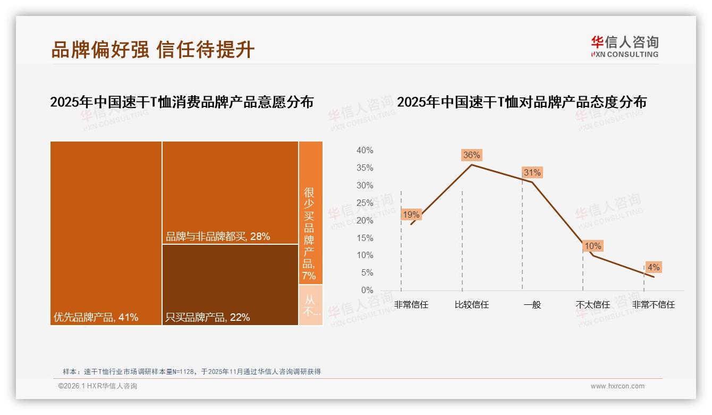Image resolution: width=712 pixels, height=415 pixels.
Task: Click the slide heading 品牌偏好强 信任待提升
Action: [x=153, y=49]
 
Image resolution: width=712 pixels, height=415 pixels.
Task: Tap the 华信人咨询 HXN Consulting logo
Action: [x=624, y=46]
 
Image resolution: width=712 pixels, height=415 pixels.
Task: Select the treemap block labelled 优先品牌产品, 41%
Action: [x=106, y=233]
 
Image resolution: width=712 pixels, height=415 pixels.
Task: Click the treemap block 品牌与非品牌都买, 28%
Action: [x=230, y=193]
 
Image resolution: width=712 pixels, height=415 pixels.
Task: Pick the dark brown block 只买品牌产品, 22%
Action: [x=230, y=285]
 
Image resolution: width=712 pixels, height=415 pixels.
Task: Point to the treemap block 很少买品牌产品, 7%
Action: [x=310, y=213]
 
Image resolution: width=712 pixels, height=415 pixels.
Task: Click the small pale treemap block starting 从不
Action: [x=310, y=305]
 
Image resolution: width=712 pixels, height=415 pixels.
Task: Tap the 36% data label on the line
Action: [x=471, y=155]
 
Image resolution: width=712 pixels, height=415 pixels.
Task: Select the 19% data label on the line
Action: [x=411, y=214]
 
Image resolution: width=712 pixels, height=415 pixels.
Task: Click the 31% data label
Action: [x=532, y=172]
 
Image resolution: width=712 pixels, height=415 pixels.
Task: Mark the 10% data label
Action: [x=592, y=246]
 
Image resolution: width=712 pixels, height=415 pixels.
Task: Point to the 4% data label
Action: [x=653, y=267]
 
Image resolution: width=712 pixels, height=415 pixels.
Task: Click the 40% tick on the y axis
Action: [x=365, y=151]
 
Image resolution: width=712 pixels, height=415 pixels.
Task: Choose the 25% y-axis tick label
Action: [x=365, y=203]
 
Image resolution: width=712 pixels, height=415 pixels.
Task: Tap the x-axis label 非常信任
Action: [x=411, y=305]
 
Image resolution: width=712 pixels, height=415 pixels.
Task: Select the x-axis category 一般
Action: [x=532, y=305]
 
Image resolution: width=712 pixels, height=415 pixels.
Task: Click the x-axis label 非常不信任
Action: [x=653, y=305]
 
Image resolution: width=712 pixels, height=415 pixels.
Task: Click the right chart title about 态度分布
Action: [x=521, y=102]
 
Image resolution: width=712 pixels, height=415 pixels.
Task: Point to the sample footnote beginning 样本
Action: [x=192, y=371]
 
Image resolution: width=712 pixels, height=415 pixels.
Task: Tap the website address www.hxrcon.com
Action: [x=617, y=386]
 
